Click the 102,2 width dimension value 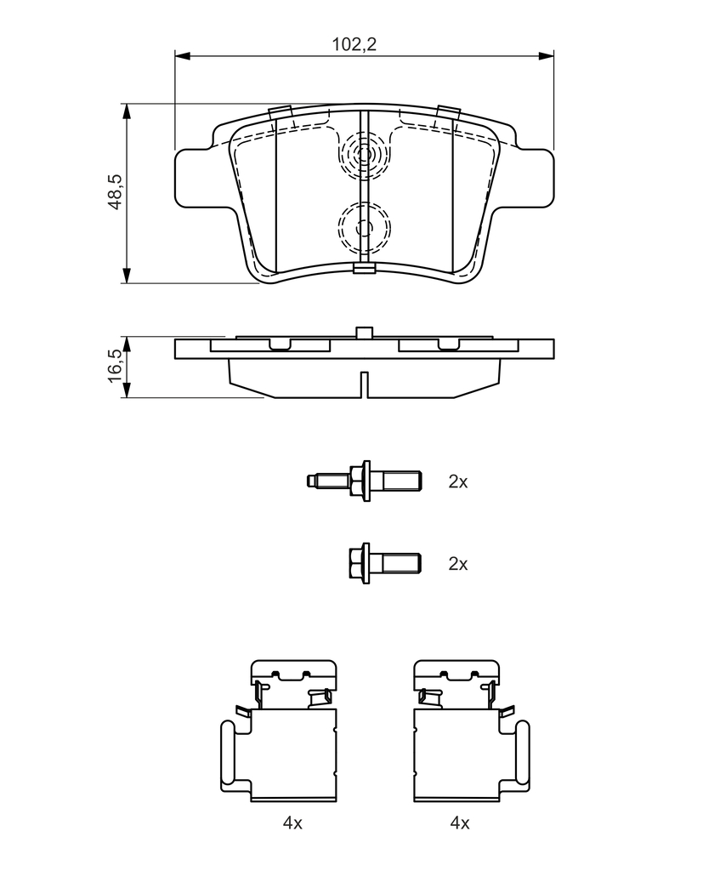354,44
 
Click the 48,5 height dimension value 115,191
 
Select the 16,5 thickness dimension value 115,366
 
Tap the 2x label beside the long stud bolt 458,481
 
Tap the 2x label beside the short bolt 458,564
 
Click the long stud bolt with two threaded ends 364,481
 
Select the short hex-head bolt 384,563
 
